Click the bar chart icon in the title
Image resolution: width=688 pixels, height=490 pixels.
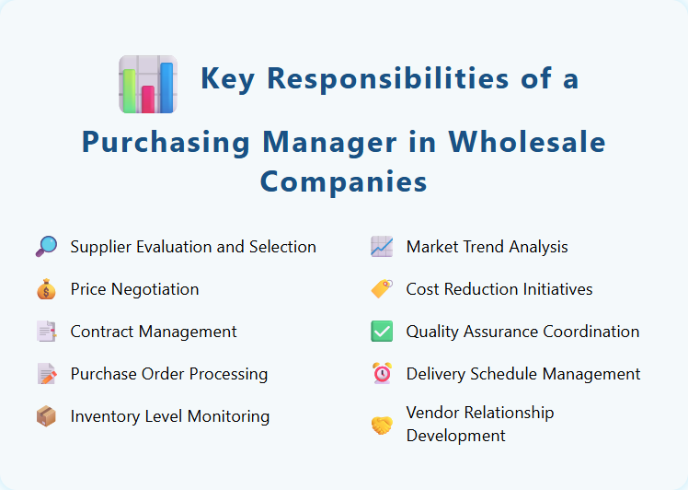pyautogui.click(x=148, y=84)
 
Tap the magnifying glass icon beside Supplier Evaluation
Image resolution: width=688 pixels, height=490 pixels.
pyautogui.click(x=46, y=246)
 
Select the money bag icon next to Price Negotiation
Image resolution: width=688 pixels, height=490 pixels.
pyautogui.click(x=46, y=289)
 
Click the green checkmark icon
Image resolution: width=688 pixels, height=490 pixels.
pyautogui.click(x=382, y=332)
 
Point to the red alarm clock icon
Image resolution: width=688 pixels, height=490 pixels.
pyautogui.click(x=382, y=374)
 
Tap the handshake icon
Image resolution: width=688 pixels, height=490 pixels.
pyautogui.click(x=382, y=425)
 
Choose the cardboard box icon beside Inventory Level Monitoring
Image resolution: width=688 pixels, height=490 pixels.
pyautogui.click(x=46, y=416)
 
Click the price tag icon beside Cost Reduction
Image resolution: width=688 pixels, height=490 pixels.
pyautogui.click(x=382, y=289)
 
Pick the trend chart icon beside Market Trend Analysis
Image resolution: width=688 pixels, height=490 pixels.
pyautogui.click(x=382, y=247)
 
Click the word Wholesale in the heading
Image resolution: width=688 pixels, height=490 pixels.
pyautogui.click(x=527, y=142)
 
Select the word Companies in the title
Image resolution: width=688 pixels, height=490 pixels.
pyautogui.click(x=343, y=181)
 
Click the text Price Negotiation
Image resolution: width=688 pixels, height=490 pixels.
pyautogui.click(x=134, y=289)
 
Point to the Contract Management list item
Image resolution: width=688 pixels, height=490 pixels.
pyautogui.click(x=154, y=332)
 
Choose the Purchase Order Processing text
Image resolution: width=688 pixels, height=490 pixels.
pyautogui.click(x=169, y=374)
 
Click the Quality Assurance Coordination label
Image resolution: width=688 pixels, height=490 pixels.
pyautogui.click(x=522, y=332)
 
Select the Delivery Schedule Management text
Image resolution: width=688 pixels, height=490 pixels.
pyautogui.click(x=523, y=374)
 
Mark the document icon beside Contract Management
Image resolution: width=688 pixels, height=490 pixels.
pyautogui.click(x=46, y=332)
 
